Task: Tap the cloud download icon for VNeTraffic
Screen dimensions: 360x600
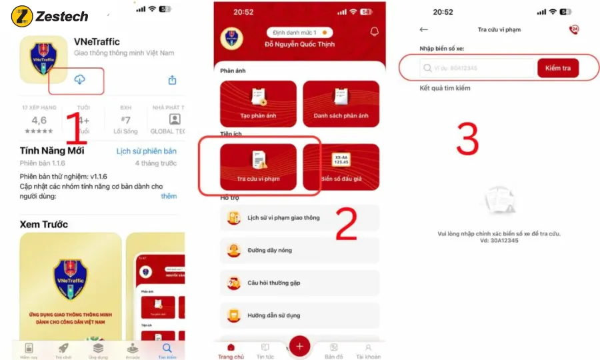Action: (x=79, y=80)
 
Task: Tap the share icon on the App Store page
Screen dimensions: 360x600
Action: (x=172, y=80)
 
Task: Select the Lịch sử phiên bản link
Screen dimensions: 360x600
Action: (x=147, y=151)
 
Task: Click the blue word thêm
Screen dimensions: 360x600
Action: (x=169, y=197)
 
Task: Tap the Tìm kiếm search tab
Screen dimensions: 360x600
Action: (x=167, y=351)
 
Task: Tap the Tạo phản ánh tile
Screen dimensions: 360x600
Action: (x=258, y=103)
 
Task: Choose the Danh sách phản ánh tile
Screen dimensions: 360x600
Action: (x=341, y=103)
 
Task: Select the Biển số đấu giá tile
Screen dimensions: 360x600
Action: (x=341, y=166)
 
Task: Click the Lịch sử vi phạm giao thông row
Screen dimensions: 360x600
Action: (x=299, y=218)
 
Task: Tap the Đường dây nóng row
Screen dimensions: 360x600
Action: (x=299, y=250)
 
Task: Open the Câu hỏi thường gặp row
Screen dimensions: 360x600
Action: (x=299, y=283)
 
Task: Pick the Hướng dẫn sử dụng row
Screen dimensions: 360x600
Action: (x=299, y=315)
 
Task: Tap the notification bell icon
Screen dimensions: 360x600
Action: (x=374, y=32)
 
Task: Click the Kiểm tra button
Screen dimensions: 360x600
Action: (x=557, y=68)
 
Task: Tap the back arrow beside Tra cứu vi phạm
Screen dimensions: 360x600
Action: (x=423, y=30)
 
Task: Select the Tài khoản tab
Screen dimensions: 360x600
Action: (x=367, y=351)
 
